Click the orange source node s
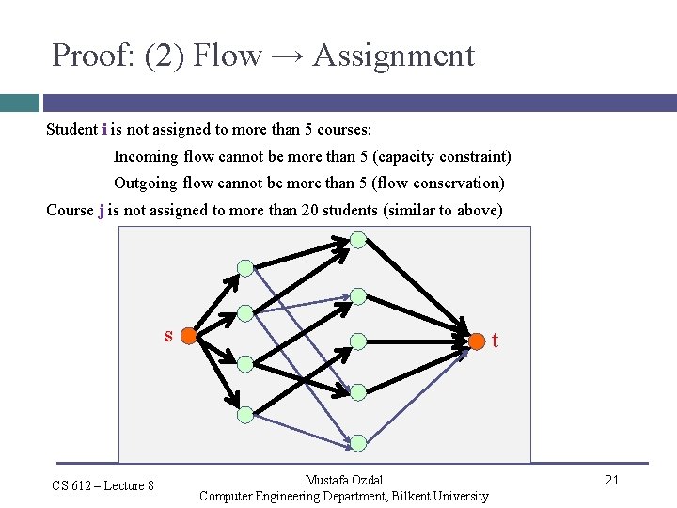188,336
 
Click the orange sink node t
477,340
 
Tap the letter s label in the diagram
168,335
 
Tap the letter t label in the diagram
495,341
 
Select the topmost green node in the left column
245,268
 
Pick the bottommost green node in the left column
245,414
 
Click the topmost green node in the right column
358,239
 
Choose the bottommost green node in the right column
358,442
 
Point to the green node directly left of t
358,341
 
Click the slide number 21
611,481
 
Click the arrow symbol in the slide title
286,56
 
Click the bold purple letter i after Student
103,129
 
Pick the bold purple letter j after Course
101,210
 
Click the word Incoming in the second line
147,156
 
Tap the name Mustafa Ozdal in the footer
344,480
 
